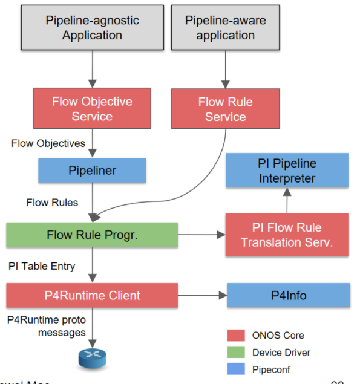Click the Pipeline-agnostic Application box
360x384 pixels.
tap(92, 28)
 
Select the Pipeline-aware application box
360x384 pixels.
tap(225, 28)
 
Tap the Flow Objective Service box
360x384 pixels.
tap(92, 109)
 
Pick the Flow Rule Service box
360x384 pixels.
tap(225, 109)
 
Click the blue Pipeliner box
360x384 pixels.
tap(92, 171)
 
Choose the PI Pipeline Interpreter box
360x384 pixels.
tap(287, 171)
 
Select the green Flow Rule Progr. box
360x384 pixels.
tap(92, 235)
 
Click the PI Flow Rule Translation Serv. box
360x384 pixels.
tap(287, 235)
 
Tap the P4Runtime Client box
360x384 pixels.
tap(92, 296)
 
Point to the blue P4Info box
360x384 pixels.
tap(288, 296)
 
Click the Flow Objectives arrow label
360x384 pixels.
tap(48, 143)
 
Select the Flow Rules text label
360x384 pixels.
tap(52, 203)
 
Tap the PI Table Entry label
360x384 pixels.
tap(42, 266)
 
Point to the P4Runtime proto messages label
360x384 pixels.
tap(46, 327)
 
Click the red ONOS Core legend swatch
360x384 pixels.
tap(235, 335)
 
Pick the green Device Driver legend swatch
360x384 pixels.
tap(235, 352)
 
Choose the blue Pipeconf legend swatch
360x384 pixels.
tap(235, 369)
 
